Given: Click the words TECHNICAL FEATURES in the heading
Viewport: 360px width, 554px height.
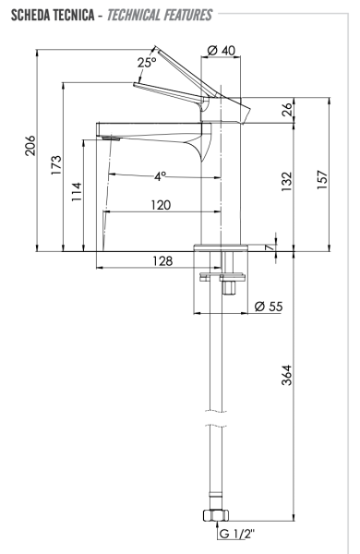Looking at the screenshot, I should (172, 16).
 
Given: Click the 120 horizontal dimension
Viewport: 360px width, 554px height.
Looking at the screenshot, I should (161, 206).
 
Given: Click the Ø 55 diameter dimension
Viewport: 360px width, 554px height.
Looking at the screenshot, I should (268, 306).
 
